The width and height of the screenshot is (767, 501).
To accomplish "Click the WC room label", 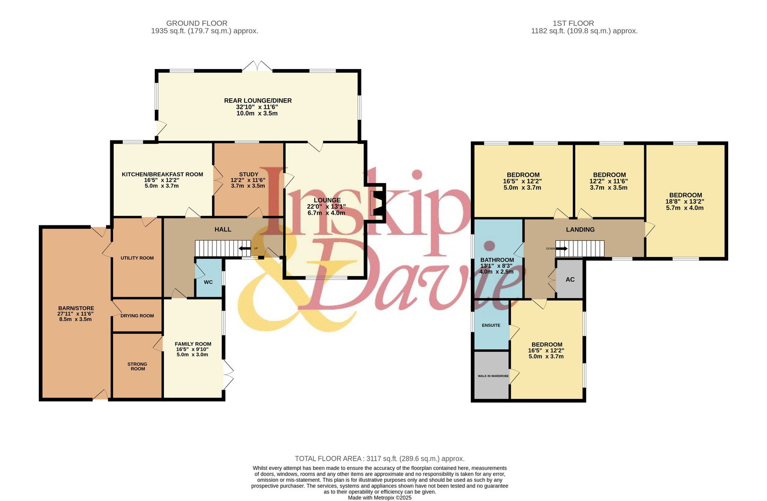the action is (x=208, y=282).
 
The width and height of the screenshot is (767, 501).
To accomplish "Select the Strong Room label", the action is (x=138, y=366).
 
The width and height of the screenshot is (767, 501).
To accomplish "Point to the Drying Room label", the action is (x=137, y=316).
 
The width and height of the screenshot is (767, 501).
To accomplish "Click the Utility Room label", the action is (x=137, y=258).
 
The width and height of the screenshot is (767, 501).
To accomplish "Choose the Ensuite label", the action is (x=491, y=326).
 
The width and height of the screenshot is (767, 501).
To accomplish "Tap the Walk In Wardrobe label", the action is (x=493, y=376).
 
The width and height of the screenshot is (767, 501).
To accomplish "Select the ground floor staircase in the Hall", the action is (x=223, y=248).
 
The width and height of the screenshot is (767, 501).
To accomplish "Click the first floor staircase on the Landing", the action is (x=580, y=249).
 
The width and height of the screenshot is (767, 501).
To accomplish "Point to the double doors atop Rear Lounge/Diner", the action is (x=257, y=66).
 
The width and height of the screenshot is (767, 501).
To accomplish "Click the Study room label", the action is (x=249, y=175).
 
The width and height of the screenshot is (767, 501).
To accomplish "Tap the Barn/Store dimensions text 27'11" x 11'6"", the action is (x=75, y=314).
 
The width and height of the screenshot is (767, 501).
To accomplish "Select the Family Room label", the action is (x=193, y=344).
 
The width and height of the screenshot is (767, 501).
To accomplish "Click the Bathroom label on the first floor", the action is (x=497, y=260).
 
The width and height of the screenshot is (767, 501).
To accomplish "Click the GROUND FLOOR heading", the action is (x=197, y=23).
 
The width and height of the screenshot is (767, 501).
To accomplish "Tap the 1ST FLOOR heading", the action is (x=573, y=23).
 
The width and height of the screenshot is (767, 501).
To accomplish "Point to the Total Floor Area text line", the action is (x=380, y=458).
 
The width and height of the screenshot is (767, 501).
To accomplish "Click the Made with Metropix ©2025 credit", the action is (x=380, y=498).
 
